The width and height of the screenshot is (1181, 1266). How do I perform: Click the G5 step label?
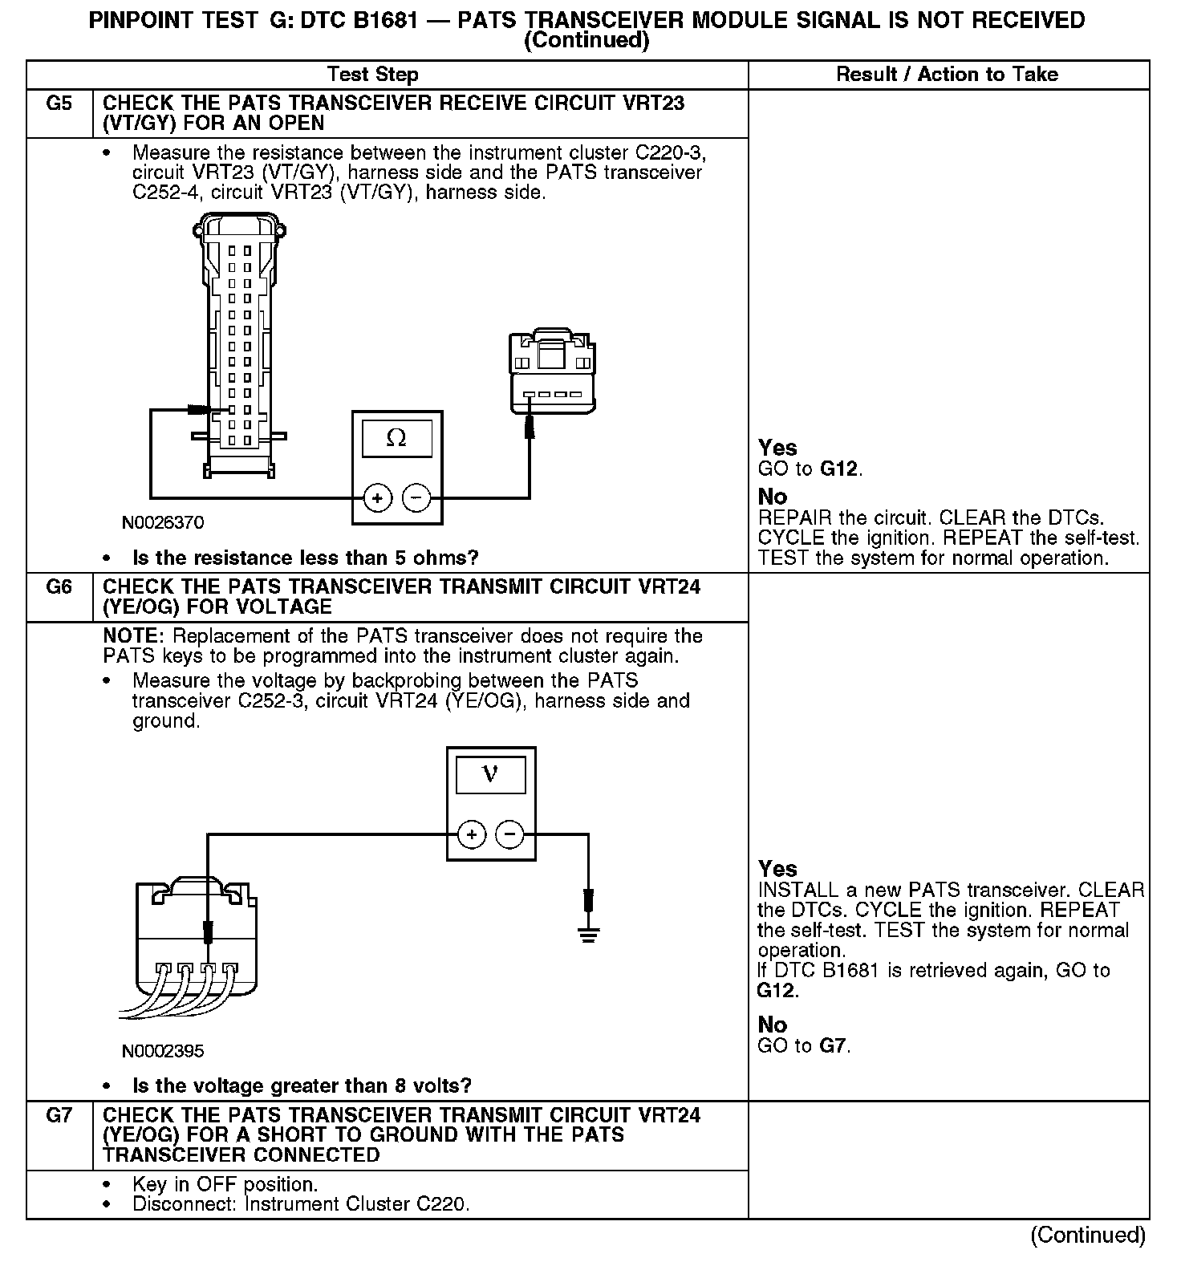tap(59, 104)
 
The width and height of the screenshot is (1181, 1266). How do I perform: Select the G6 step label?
tap(59, 587)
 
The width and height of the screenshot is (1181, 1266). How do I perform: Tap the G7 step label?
tap(59, 1116)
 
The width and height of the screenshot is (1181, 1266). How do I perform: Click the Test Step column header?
tap(372, 75)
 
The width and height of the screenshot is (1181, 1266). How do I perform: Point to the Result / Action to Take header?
tap(947, 75)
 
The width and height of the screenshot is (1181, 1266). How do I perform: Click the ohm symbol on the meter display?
tap(396, 438)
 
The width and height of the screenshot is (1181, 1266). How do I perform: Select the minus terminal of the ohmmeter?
tap(416, 498)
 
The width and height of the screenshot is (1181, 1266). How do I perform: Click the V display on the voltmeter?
tap(490, 774)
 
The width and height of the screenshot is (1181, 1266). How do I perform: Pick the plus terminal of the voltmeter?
tap(472, 835)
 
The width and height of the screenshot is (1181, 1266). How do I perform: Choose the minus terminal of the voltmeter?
tap(510, 835)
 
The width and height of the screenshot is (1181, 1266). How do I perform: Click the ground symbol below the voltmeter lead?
tap(588, 932)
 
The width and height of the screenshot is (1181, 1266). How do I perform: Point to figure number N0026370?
tap(163, 523)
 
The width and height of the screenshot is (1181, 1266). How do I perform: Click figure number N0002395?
tap(163, 1051)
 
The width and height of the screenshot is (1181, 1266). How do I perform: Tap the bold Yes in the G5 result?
tap(777, 448)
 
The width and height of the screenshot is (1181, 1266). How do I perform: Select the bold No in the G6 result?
tap(773, 1025)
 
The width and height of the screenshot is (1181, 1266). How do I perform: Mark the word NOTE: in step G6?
tap(133, 636)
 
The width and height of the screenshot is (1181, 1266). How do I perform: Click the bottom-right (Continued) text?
tap(1088, 1235)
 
